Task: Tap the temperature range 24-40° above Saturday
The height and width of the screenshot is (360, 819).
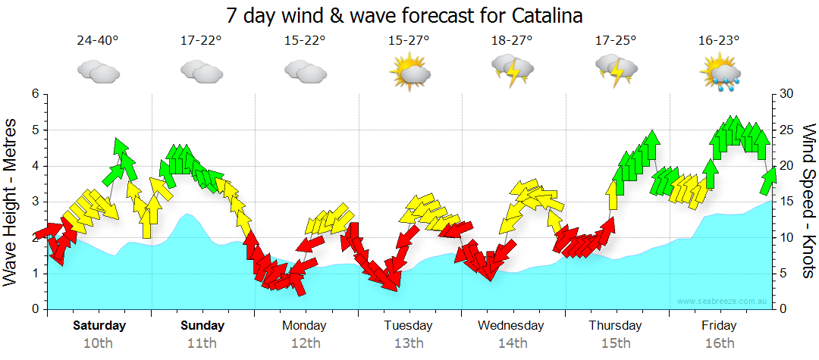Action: coord(98,40)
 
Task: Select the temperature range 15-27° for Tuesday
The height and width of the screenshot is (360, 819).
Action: coord(409,40)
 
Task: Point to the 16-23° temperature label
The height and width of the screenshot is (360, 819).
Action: coord(719,40)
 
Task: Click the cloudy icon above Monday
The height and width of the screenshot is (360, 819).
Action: coord(305,71)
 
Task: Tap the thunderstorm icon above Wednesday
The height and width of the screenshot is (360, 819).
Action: coord(513,69)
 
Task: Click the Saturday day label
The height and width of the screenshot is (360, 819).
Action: coord(99,326)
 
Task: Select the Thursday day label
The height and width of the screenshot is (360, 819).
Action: coord(615,326)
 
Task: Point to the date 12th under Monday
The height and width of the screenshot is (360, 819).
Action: coord(305,343)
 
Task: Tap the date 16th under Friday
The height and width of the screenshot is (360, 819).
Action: coord(719,343)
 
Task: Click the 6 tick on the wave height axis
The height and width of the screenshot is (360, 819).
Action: coord(35,94)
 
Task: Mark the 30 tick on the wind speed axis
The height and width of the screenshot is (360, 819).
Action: coord(787,94)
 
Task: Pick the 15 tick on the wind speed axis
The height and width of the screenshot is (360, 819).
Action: coord(787,202)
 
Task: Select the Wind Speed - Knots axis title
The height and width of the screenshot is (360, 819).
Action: coord(808,201)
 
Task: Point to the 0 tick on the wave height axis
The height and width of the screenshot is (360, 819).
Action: coord(35,309)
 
